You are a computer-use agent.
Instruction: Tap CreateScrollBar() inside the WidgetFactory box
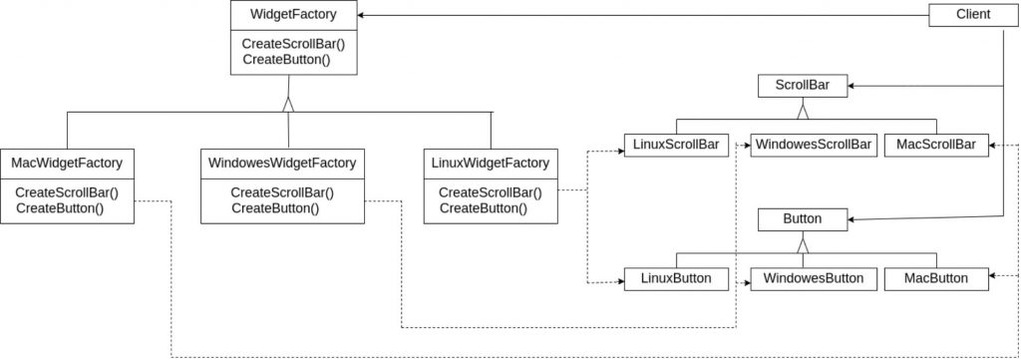[x=288, y=45]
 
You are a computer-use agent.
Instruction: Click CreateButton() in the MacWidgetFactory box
[x=60, y=208]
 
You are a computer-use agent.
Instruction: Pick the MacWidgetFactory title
[x=67, y=163]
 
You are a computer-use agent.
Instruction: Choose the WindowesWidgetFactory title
[x=282, y=163]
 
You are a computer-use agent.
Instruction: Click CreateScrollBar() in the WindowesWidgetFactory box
[x=282, y=192]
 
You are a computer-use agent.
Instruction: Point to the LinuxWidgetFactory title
[x=491, y=163]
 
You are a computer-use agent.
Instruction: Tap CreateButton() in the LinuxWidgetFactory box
[x=483, y=208]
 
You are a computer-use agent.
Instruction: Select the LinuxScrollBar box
[x=676, y=146]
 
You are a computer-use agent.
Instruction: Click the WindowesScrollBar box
[x=813, y=146]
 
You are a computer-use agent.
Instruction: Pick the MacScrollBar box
[x=935, y=146]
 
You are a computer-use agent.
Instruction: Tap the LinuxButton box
[x=676, y=278]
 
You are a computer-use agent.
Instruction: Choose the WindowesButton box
[x=813, y=278]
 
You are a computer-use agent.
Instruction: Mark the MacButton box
[x=935, y=278]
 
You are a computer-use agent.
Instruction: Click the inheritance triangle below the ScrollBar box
[x=803, y=111]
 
